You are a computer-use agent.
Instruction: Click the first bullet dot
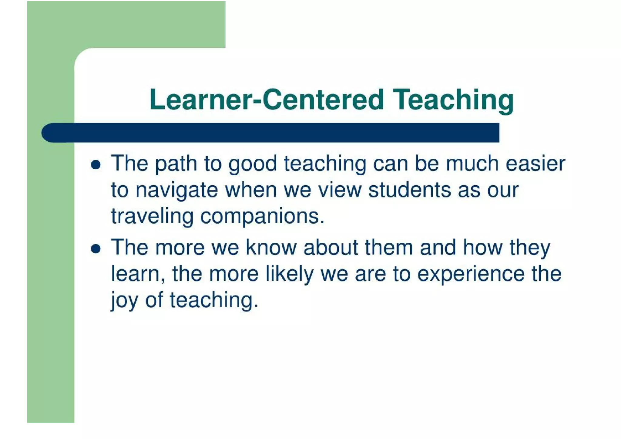pyautogui.click(x=96, y=165)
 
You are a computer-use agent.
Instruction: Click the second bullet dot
pyautogui.click(x=96, y=249)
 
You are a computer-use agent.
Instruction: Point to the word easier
pyautogui.click(x=535, y=164)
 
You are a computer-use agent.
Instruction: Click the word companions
pyautogui.click(x=262, y=217)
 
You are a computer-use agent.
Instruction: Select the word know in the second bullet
pyautogui.click(x=271, y=247)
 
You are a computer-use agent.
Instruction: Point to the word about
pyautogui.click(x=331, y=247)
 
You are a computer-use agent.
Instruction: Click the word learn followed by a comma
pyautogui.click(x=137, y=274)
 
